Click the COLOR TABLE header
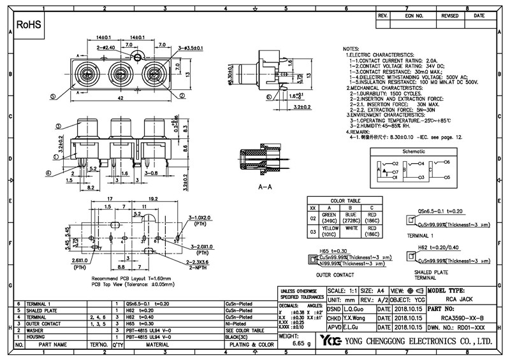coord(346,199)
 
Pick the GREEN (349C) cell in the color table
coord(329,218)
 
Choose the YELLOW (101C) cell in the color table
coord(329,230)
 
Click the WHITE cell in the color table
coord(351,227)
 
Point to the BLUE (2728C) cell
coord(351,218)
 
